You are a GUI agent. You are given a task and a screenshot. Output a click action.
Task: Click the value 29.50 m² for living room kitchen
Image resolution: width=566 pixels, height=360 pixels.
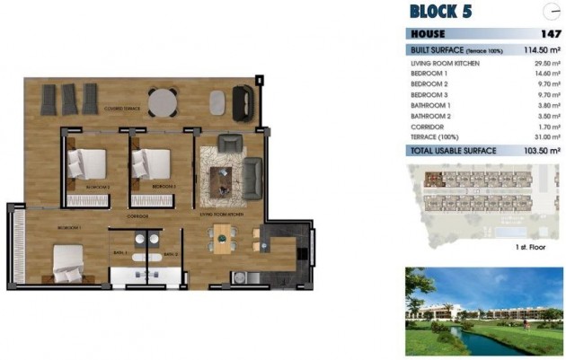click(544, 64)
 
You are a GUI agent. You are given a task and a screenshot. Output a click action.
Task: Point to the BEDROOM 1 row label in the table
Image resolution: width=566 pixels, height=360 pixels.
click(429, 74)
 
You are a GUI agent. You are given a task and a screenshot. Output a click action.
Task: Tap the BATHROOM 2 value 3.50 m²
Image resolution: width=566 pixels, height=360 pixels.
click(544, 114)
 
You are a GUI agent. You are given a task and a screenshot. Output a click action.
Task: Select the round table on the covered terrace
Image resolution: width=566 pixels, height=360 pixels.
click(164, 101)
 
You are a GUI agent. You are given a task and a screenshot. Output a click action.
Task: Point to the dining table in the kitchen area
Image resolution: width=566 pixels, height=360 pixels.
click(222, 240)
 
